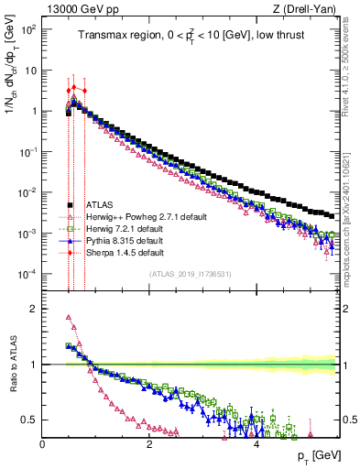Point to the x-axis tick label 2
149,444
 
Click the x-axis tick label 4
256,444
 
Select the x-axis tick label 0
42,444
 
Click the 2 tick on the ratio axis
35,309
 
